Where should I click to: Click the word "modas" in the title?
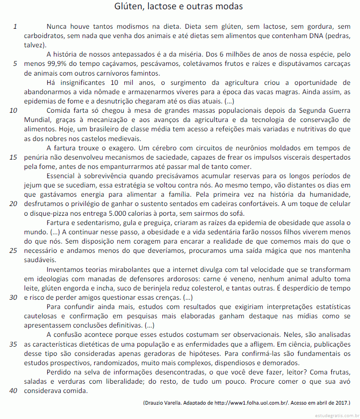click(x=227, y=6)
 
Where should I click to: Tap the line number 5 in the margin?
click(x=15, y=64)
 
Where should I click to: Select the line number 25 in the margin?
click(x=13, y=251)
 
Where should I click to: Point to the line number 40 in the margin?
click(x=13, y=391)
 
